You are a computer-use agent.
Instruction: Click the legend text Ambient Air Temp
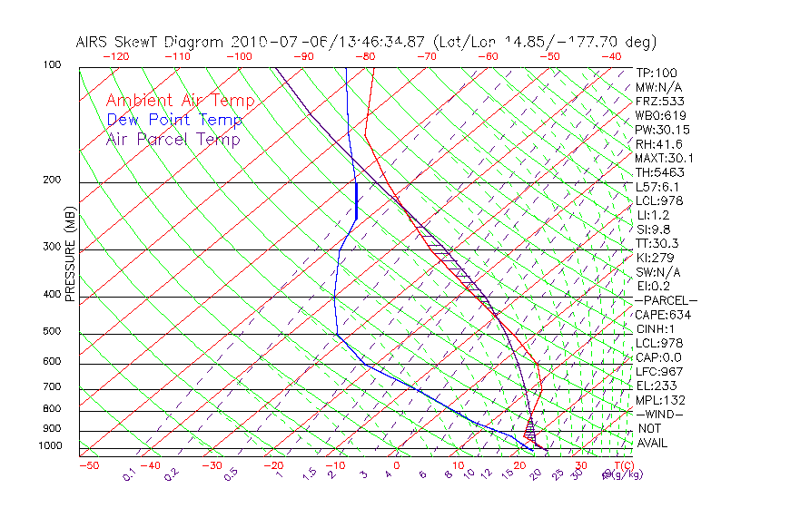pos(180,101)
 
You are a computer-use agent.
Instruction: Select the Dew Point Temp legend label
pos(174,120)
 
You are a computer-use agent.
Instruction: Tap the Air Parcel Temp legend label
pos(173,139)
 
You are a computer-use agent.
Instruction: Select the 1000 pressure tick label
pos(51,446)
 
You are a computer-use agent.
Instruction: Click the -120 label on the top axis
pos(115,55)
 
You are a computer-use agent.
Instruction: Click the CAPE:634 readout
pos(664,315)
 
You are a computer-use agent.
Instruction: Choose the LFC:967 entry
pos(658,372)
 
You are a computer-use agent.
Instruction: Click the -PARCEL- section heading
pos(667,300)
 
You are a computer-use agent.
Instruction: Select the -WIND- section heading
pos(660,414)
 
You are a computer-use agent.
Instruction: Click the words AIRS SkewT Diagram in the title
pos(151,43)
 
